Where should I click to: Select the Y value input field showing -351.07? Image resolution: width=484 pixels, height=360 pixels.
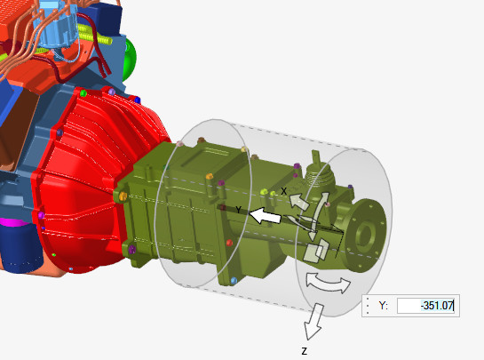coord(425,306)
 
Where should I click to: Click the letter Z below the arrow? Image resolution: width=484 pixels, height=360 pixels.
coord(304,351)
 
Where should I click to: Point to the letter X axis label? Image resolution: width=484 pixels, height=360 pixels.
coord(284,191)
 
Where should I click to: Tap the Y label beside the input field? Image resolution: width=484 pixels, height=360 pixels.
coord(383,306)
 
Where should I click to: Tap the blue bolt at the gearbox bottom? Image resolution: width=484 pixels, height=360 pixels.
coord(233,281)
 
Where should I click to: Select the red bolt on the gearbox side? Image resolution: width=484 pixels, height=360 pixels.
coord(221,208)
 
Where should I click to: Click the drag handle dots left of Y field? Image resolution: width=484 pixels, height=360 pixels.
coord(368,306)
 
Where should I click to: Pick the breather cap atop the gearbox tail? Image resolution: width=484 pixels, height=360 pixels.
coord(316,164)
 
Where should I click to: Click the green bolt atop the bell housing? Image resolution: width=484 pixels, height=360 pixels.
coord(83,92)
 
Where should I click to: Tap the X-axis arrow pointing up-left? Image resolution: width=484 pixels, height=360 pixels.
coord(299,201)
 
